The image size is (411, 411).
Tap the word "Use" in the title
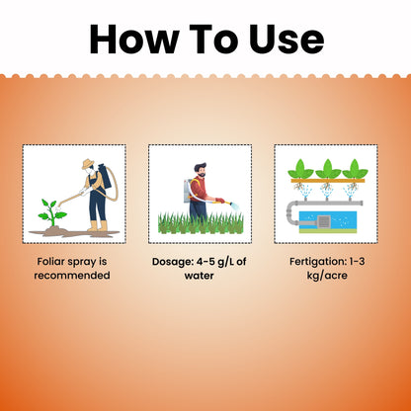click(287, 39)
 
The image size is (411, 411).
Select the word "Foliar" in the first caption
click(50, 262)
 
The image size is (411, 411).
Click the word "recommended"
click(72, 275)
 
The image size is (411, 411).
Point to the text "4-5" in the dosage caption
click(205, 262)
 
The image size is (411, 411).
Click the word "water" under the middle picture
click(199, 276)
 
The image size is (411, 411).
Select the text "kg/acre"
click(327, 276)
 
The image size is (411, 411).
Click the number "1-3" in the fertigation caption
click(357, 262)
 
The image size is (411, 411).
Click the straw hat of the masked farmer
click(88, 164)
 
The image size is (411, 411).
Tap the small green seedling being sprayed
click(51, 212)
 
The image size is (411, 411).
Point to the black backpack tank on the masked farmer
click(105, 176)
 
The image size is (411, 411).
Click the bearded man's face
click(201, 171)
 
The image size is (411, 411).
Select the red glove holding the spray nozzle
click(219, 201)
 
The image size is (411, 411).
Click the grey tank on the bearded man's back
click(187, 190)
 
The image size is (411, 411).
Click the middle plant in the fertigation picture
click(328, 169)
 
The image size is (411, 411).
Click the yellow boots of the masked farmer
click(98, 226)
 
